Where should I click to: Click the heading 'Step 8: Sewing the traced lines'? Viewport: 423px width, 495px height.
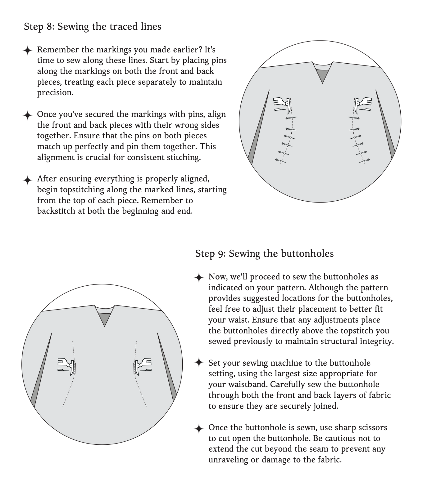(x=92, y=27)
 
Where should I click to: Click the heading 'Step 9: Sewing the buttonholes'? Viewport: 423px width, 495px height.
(x=264, y=254)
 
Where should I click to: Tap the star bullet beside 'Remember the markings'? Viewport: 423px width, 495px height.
(x=28, y=50)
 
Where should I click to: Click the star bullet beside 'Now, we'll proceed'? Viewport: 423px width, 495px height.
(x=199, y=278)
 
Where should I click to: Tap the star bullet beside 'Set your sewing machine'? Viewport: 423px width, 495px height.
(x=199, y=362)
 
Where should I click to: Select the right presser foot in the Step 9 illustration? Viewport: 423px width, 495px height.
(x=143, y=365)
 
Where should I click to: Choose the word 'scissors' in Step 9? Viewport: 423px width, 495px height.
(x=372, y=427)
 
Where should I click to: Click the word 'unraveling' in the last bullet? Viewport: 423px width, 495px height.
(x=228, y=460)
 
